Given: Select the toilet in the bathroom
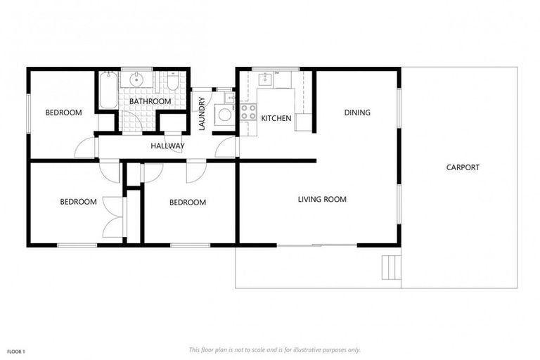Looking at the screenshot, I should point(172,84).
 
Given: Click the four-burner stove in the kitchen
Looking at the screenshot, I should point(248,112).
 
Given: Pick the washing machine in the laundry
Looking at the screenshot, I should point(224,114).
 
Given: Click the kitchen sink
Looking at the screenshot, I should point(266,79).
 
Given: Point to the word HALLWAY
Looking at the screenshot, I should point(167,146).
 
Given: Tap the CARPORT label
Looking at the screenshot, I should point(463,167).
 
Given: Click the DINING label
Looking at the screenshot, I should point(356,112).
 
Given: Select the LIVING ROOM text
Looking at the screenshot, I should point(322,200).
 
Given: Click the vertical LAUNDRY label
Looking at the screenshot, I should point(202,114).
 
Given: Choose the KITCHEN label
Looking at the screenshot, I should point(276,119).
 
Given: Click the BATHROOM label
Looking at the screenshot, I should point(150,101).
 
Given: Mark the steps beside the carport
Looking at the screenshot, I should point(390,267).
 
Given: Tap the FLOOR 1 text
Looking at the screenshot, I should point(16,351).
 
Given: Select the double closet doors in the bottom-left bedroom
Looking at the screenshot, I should point(112,217).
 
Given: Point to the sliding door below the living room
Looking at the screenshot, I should point(316,245).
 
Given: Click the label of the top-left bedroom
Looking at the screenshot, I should point(63,112).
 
